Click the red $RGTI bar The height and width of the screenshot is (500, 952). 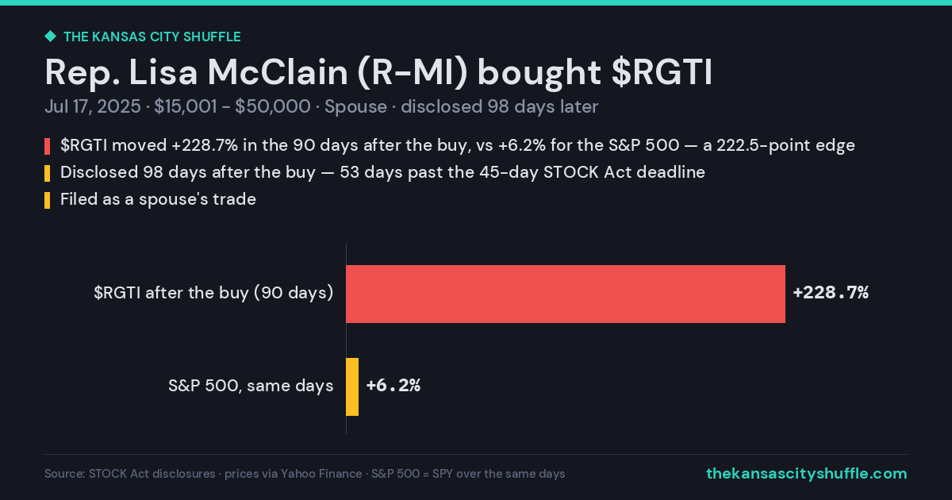[566, 294]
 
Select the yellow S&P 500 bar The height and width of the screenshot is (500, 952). [352, 387]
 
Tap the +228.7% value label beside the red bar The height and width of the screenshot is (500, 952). [831, 293]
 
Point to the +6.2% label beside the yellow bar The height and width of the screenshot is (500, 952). [393, 385]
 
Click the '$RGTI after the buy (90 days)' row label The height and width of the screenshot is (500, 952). [213, 293]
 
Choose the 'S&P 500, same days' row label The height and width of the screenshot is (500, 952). [251, 386]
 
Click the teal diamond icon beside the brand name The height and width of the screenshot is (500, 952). [51, 37]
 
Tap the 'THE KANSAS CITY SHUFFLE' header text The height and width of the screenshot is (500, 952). [152, 37]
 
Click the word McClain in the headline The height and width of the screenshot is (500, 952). [278, 72]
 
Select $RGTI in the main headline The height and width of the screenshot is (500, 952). [662, 73]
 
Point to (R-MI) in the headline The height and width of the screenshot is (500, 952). [413, 73]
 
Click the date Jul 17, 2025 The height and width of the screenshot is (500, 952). [93, 106]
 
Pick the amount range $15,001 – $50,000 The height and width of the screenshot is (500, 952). [232, 106]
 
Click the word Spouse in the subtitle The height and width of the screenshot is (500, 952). [355, 106]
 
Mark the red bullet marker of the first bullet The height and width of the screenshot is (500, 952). [47, 146]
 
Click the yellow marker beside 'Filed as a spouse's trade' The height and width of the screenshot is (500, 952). [47, 200]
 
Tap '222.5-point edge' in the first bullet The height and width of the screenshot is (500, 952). [786, 145]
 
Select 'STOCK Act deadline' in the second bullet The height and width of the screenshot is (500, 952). [624, 172]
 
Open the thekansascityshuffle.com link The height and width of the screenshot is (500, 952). [807, 474]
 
